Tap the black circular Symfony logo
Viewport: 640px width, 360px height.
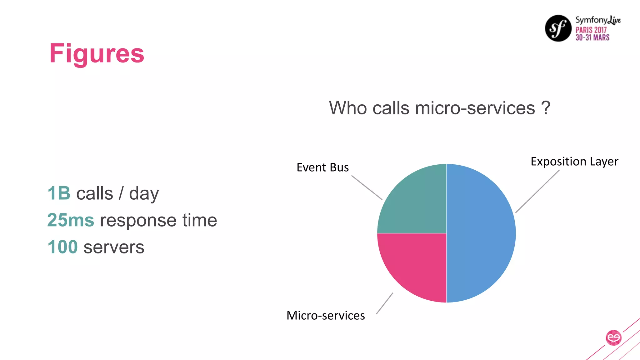coord(558,28)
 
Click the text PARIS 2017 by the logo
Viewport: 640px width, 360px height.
coord(591,30)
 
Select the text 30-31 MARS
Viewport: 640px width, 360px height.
coord(592,37)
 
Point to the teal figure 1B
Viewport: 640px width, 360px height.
coord(59,193)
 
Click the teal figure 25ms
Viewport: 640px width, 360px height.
coord(71,220)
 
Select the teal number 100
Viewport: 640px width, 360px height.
coord(62,247)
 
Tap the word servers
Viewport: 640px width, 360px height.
coord(114,247)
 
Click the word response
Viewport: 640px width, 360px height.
coord(138,221)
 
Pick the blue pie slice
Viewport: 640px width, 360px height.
coord(481,233)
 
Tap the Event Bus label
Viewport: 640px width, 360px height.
coord(322,167)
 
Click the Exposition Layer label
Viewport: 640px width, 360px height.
coord(574,162)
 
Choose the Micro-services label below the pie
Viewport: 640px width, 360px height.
coord(326,316)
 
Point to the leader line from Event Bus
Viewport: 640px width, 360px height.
coord(367,187)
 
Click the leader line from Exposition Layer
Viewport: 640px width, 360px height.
coord(537,191)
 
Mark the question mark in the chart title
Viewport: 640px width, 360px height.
coord(546,108)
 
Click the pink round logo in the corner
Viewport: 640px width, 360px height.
coord(613,338)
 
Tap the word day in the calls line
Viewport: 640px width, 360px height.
coord(144,194)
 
